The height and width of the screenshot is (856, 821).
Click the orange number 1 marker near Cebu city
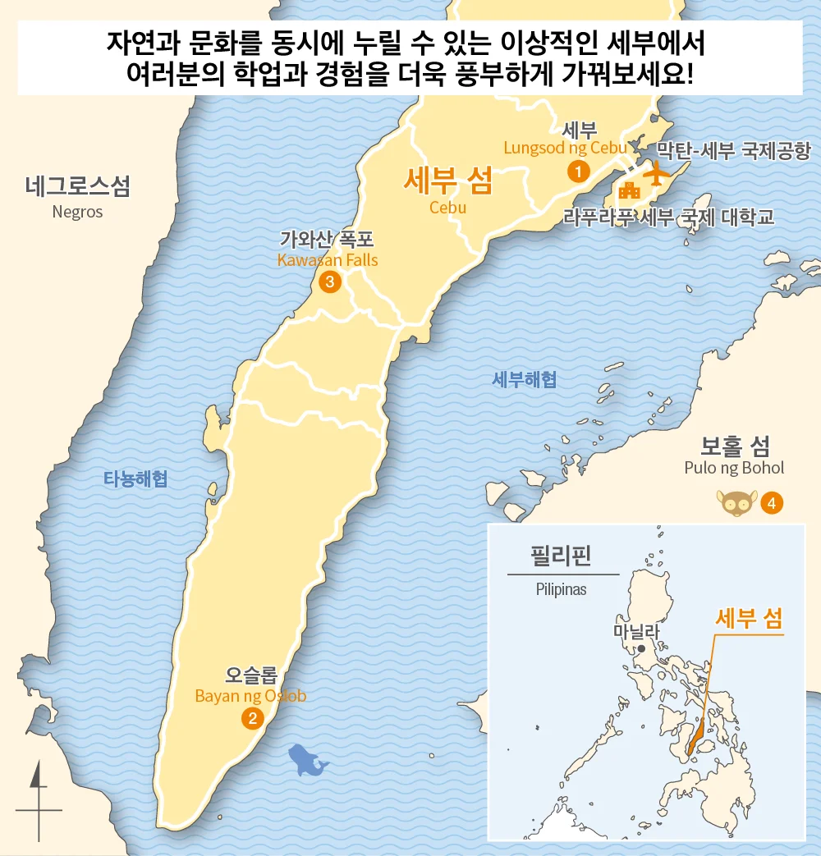coord(579,172)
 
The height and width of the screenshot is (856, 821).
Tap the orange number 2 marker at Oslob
coord(251,719)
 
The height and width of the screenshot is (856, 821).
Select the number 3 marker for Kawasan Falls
coord(329,282)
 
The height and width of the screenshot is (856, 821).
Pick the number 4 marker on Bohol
coord(771,502)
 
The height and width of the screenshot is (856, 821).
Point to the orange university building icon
coord(630,190)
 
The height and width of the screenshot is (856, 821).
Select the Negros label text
coord(77,212)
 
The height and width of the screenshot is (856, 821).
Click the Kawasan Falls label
coord(328,260)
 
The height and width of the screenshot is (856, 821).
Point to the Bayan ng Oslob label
coord(250,696)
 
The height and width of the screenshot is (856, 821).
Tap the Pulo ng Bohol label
coord(734,468)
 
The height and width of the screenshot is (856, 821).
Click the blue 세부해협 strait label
coord(525,379)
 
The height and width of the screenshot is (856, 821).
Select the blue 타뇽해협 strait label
coord(135,478)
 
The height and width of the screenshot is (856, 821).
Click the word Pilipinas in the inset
coord(561,589)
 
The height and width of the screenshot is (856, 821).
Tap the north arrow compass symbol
coord(38,800)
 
